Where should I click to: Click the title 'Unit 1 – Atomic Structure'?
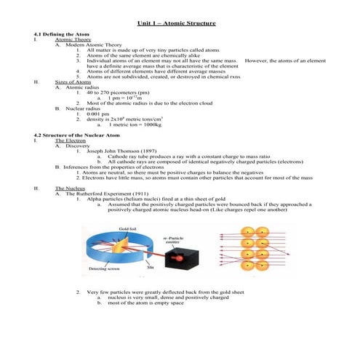tap(180, 24)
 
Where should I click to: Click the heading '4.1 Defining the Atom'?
tap(59, 34)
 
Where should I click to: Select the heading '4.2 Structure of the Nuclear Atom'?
tap(72, 135)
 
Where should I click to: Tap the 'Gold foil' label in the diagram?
tap(128, 228)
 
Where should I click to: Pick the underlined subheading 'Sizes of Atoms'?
tap(71, 84)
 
